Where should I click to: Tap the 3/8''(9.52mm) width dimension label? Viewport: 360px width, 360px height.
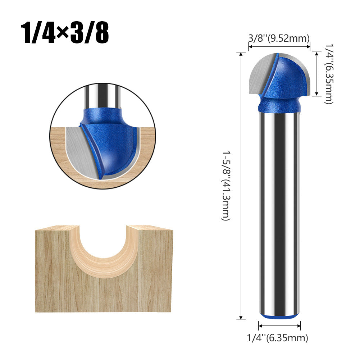coord(279,38)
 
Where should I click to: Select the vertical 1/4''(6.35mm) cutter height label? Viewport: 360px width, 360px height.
coord(329,74)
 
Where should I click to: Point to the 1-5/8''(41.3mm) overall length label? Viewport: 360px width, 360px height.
coord(225,185)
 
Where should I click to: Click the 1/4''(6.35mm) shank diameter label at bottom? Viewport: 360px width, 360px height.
coord(277,338)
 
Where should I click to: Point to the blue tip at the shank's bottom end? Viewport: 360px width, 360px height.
coord(279,316)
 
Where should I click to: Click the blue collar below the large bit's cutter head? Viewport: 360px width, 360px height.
coord(279,104)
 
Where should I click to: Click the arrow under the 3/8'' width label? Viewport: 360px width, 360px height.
coord(279,46)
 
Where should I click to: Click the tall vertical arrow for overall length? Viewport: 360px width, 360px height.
coord(240,185)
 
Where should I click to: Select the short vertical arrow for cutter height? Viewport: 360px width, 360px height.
coord(316,74)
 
